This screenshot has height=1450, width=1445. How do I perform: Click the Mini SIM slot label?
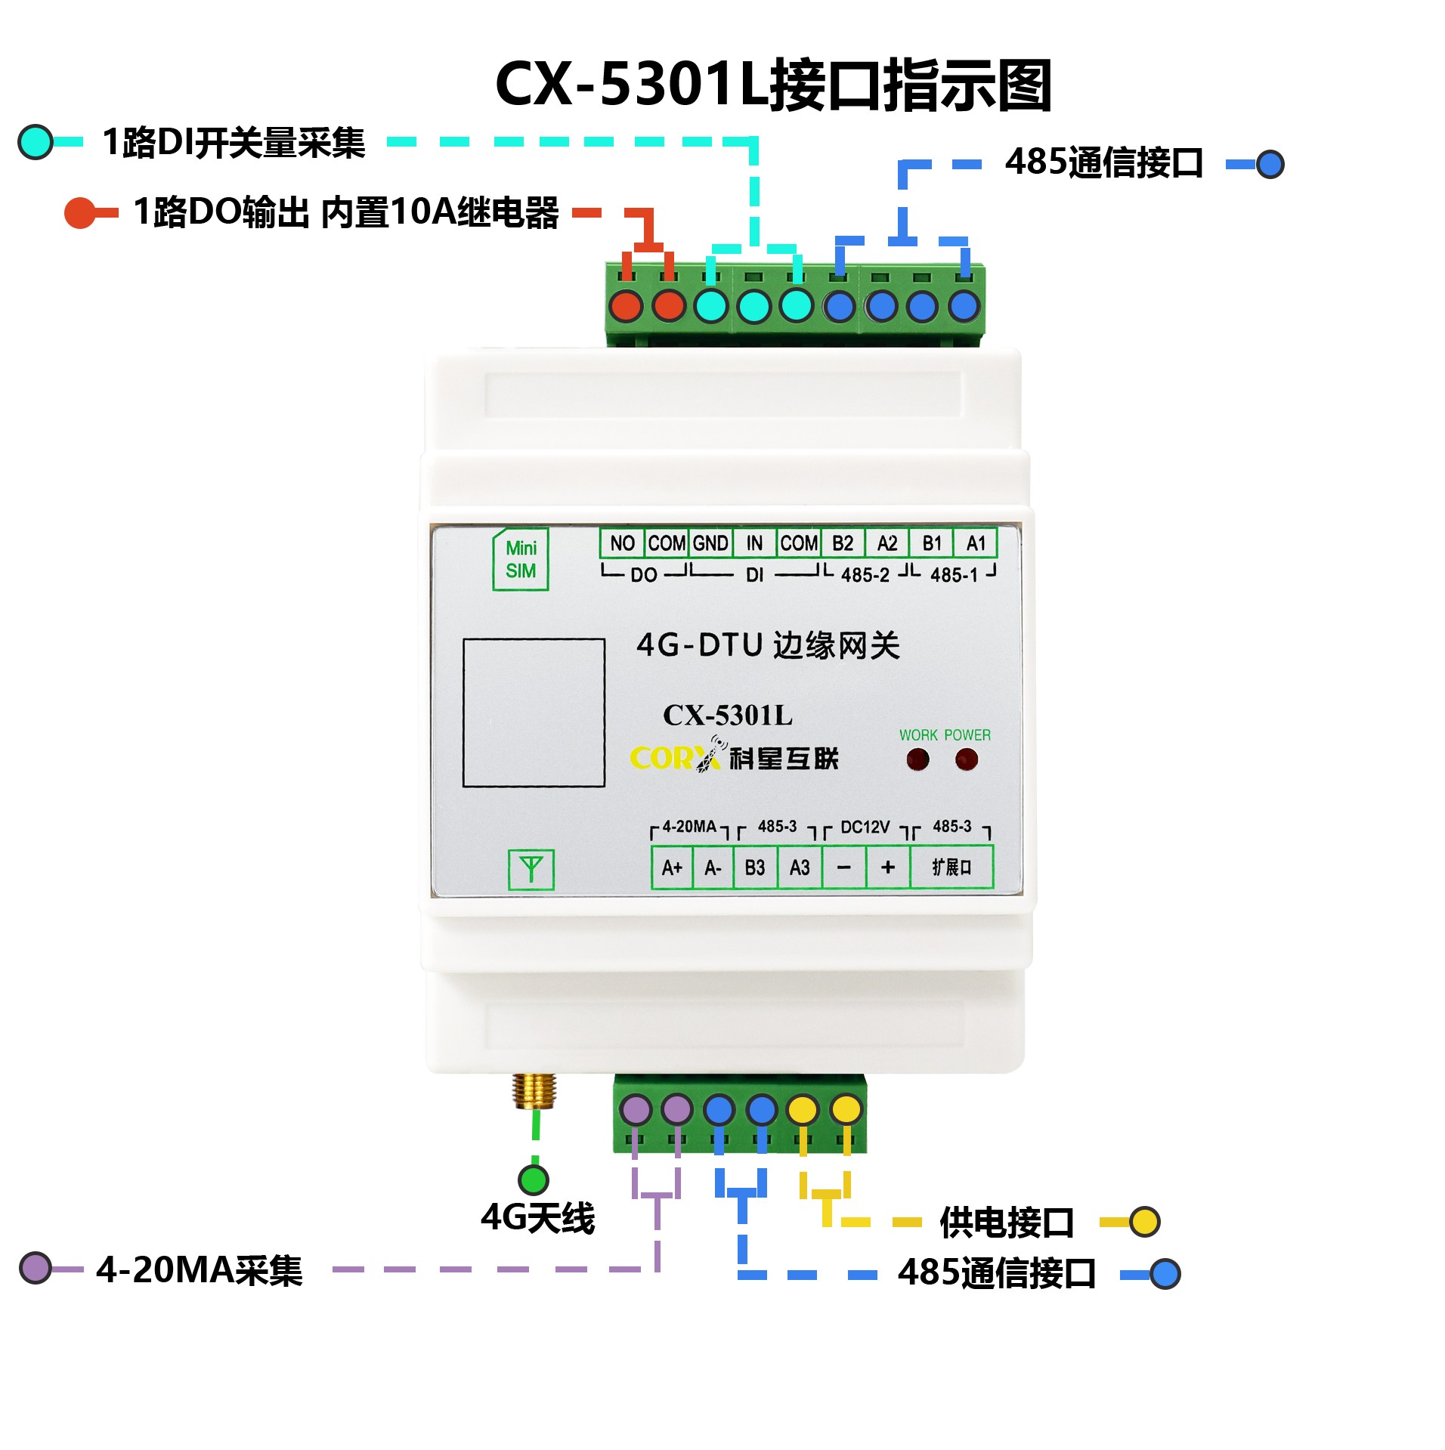(x=521, y=560)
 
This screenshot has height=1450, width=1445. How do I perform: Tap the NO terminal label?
(x=622, y=543)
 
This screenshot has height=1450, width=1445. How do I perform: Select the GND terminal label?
(x=710, y=543)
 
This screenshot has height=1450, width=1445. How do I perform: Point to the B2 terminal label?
(x=843, y=543)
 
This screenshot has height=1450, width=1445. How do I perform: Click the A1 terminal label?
(x=976, y=543)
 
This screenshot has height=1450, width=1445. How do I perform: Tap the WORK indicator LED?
(x=917, y=759)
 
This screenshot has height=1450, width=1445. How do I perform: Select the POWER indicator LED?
(x=967, y=759)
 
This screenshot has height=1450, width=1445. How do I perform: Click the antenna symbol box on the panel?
(x=531, y=870)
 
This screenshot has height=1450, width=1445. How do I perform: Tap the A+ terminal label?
(x=672, y=867)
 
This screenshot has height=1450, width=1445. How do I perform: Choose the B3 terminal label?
(x=755, y=867)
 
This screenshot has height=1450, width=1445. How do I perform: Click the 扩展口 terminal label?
(x=951, y=867)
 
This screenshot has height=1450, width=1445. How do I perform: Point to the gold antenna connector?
(x=534, y=1090)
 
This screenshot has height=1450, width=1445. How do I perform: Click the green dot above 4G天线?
(x=534, y=1179)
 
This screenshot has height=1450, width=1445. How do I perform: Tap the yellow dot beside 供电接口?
(x=1145, y=1222)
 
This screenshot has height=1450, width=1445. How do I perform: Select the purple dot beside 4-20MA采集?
(x=36, y=1268)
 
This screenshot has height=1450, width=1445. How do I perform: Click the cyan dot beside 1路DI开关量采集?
(x=36, y=142)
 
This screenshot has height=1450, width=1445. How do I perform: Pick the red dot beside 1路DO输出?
(x=79, y=213)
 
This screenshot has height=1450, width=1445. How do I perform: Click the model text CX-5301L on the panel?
(x=728, y=715)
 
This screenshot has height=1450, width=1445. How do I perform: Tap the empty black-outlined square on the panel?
(x=534, y=713)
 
